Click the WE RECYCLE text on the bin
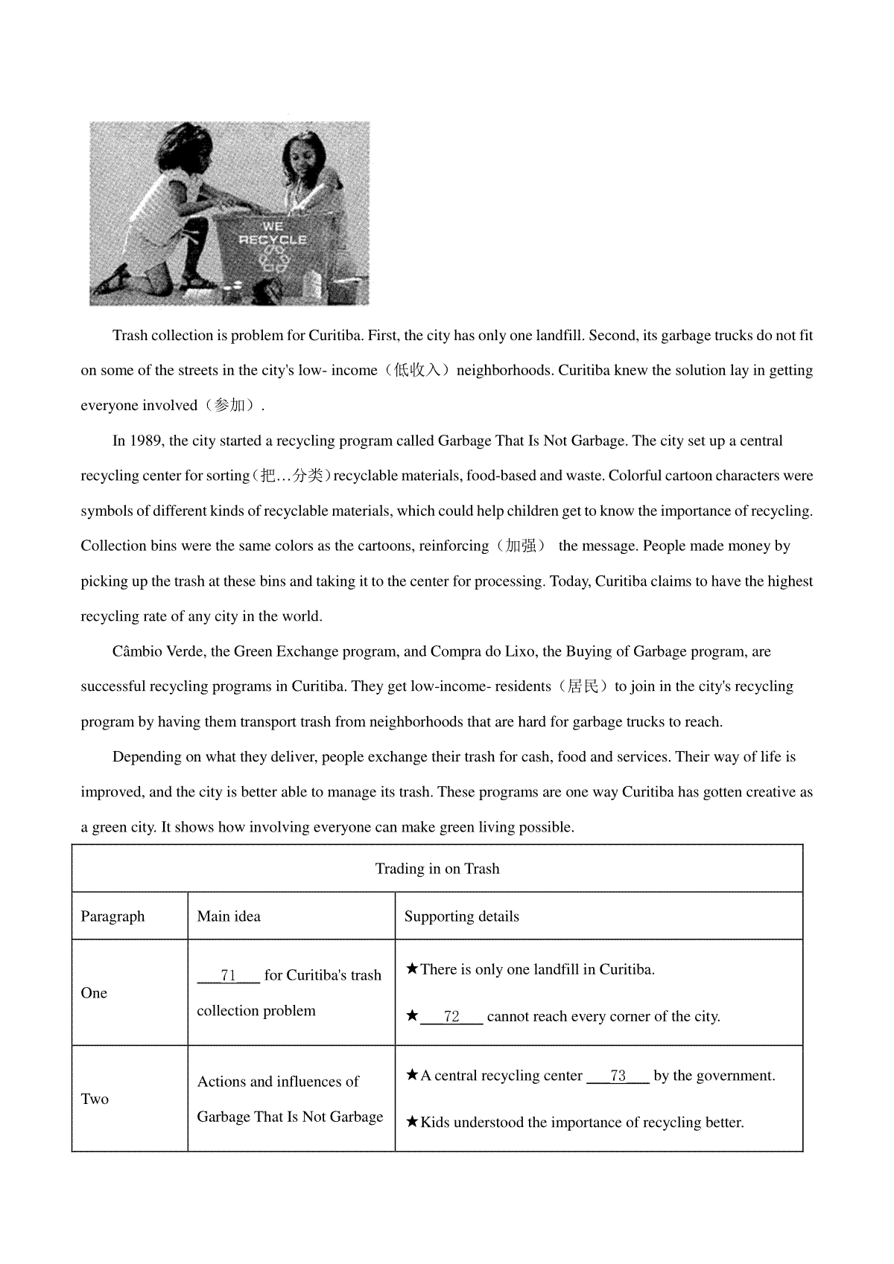click(273, 233)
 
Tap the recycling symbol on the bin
click(273, 260)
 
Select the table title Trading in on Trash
click(437, 869)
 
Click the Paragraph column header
click(112, 916)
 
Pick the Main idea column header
click(229, 916)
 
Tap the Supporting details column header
click(461, 916)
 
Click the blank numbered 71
click(228, 975)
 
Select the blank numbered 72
click(451, 1017)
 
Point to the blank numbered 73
click(618, 1076)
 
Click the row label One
click(94, 993)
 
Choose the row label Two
click(95, 1099)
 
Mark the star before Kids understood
click(412, 1122)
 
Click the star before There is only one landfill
click(412, 969)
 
